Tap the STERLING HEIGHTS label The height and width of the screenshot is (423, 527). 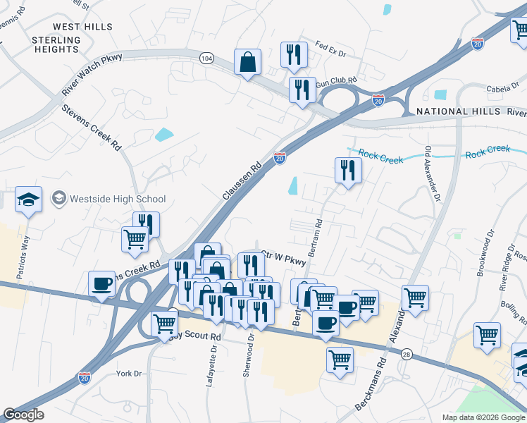(x=56, y=44)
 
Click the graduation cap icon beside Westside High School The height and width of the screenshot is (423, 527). (x=29, y=200)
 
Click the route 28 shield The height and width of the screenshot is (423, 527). (x=407, y=355)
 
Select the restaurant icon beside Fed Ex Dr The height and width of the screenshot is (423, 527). (x=294, y=55)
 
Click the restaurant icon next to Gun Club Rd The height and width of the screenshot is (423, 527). (x=302, y=90)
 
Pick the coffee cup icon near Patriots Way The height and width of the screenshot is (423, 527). (x=102, y=283)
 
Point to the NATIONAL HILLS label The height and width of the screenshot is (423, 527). (x=452, y=111)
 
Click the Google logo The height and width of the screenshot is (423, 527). (x=23, y=415)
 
